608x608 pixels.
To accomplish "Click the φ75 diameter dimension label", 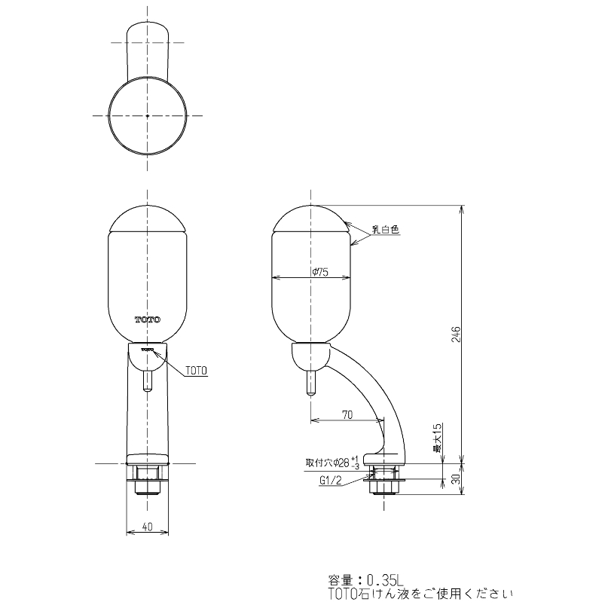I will click(x=319, y=273).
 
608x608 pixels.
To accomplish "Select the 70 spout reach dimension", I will click(x=347, y=414).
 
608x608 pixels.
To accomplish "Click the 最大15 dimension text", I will click(x=437, y=438).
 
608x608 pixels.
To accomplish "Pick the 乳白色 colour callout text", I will click(x=385, y=231).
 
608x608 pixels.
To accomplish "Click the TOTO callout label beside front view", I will click(x=194, y=370).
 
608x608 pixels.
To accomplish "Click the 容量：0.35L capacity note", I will click(x=366, y=580).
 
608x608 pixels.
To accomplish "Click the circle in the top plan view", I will click(x=147, y=115).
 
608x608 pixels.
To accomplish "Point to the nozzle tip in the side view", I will click(x=310, y=388).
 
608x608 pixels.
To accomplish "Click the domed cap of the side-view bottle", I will click(x=310, y=218).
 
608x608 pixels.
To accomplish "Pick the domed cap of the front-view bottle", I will click(x=148, y=218).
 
